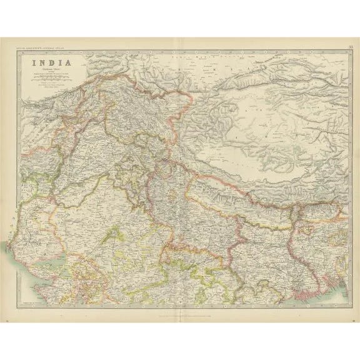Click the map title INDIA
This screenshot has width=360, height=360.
point(47,63)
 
